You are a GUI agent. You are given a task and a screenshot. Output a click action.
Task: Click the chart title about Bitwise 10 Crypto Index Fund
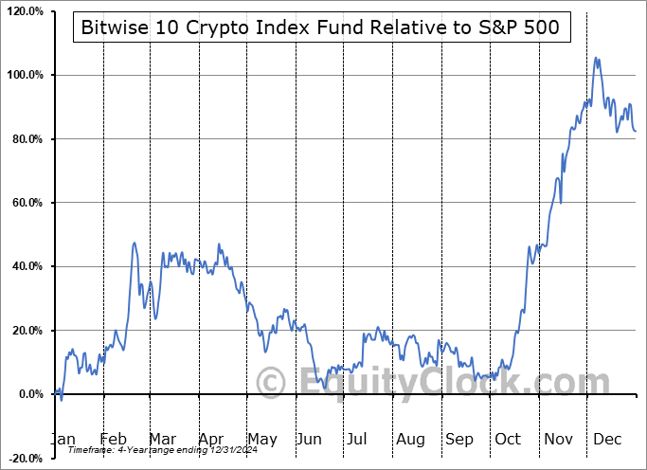(x=322, y=28)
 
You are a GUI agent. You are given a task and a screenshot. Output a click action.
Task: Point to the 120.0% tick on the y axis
(x=24, y=11)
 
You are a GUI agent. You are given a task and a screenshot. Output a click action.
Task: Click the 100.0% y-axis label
(x=24, y=75)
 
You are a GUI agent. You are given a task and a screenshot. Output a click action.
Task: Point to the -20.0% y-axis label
(x=24, y=459)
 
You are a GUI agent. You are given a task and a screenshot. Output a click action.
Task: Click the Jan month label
(x=63, y=440)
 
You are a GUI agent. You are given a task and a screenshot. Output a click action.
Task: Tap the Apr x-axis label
(x=210, y=440)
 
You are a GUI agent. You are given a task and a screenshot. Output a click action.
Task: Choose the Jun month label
(x=310, y=440)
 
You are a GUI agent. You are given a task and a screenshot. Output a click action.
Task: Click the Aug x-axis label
(x=410, y=440)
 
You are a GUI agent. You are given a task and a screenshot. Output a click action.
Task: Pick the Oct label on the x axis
(x=509, y=440)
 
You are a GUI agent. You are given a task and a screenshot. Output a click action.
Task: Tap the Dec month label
(x=608, y=440)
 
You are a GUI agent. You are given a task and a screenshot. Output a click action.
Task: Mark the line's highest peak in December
(x=596, y=58)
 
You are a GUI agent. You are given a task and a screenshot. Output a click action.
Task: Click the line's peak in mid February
(x=135, y=243)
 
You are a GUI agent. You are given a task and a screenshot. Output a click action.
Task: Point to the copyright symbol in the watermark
(x=271, y=383)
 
